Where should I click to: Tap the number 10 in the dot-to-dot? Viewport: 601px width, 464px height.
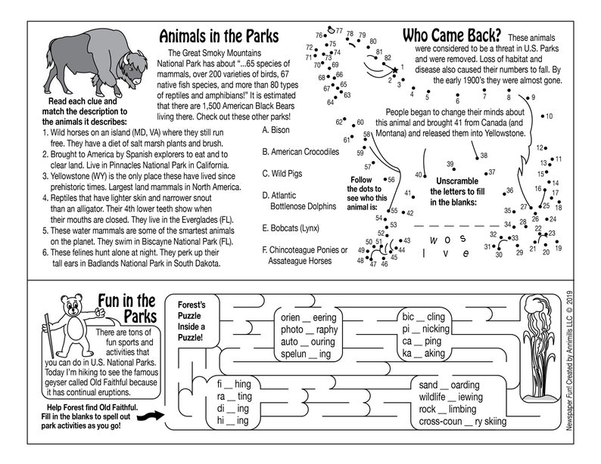pos(549,116)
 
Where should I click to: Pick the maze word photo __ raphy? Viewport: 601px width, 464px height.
pos(310,329)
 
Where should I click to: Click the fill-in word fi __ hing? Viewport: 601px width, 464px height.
pos(234,384)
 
